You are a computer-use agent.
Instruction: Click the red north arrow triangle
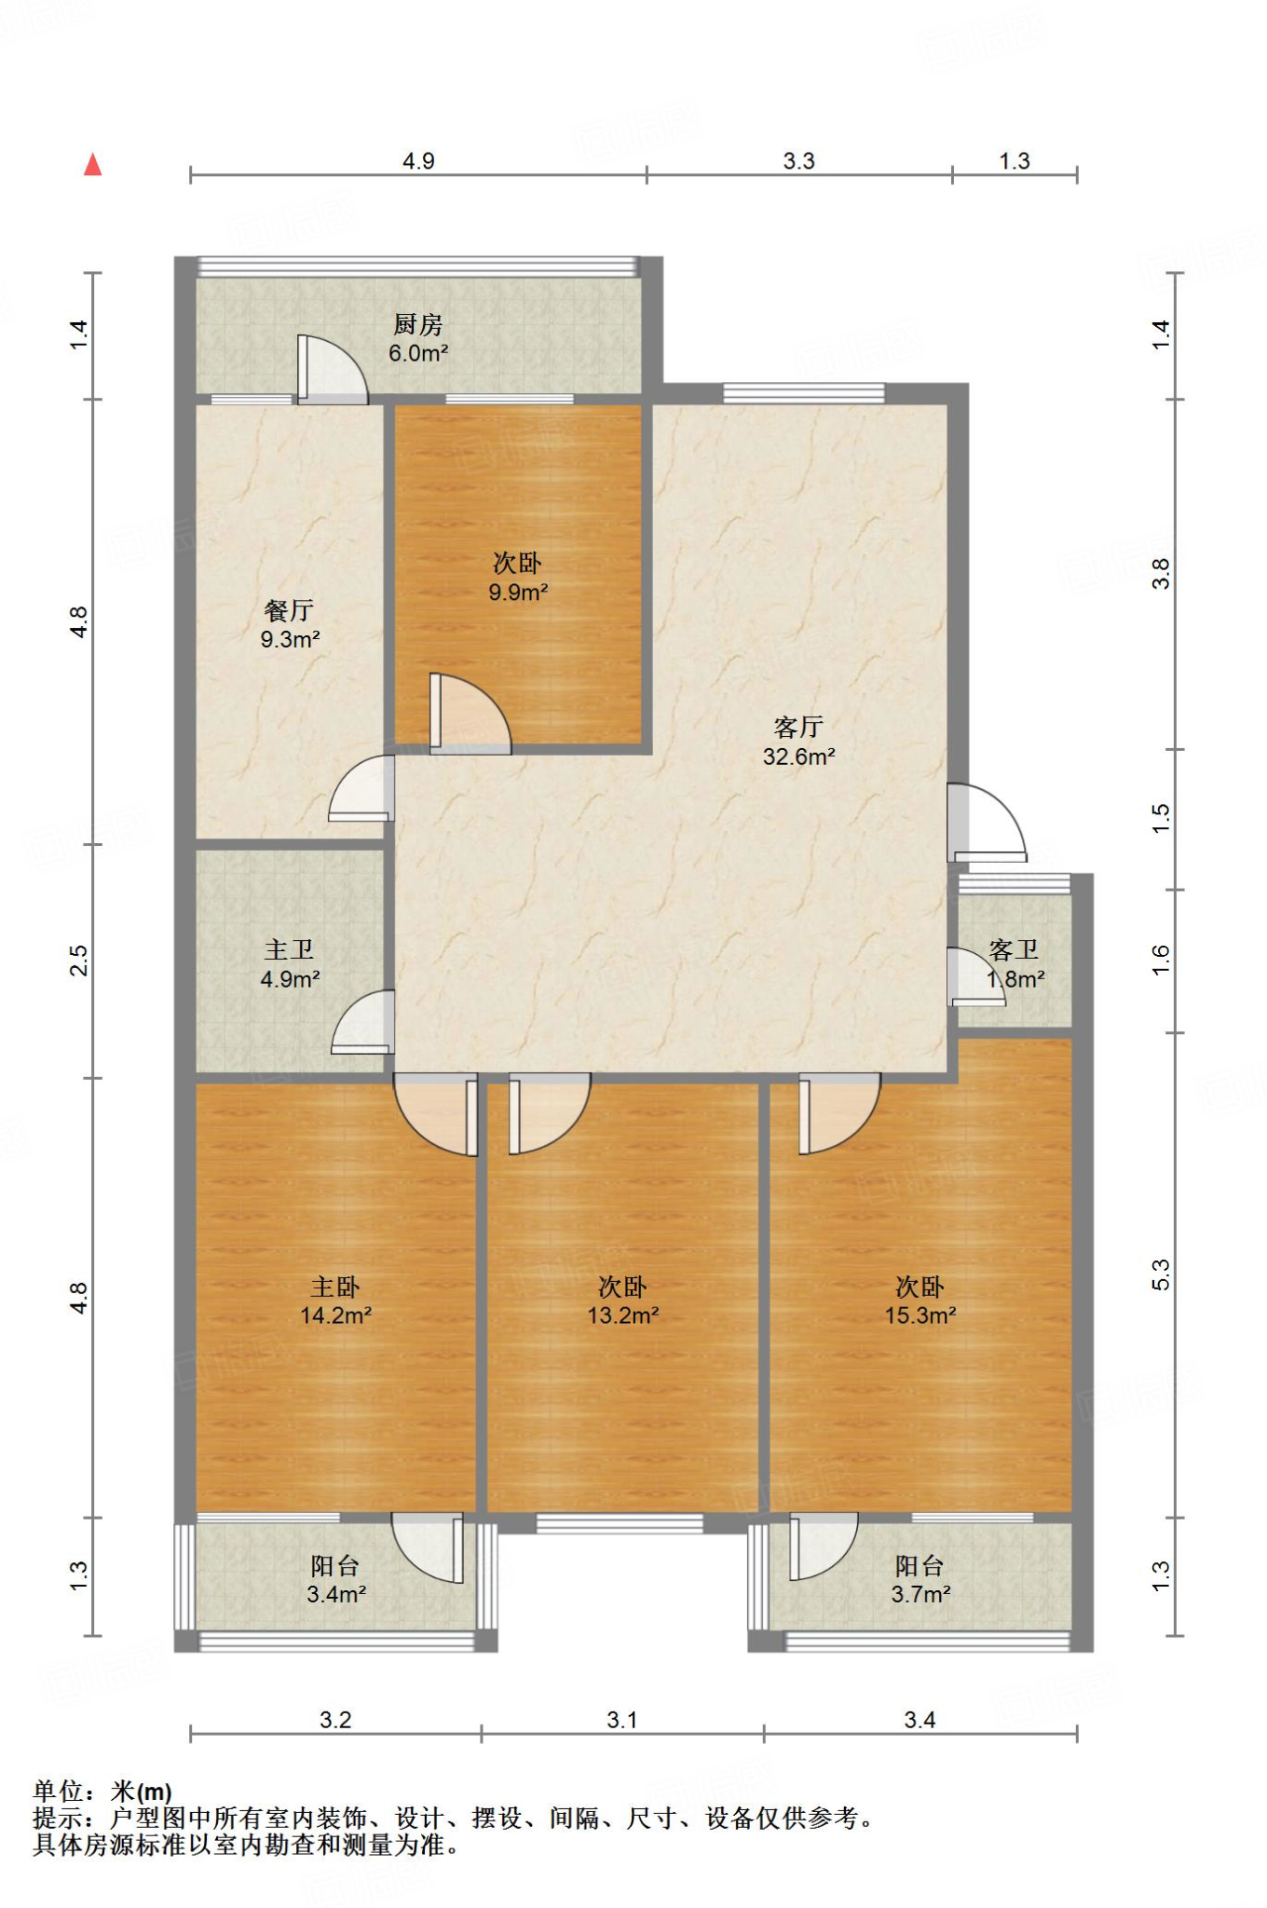[92, 165]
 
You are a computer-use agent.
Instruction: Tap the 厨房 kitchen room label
[418, 324]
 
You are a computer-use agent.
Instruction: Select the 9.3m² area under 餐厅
[290, 640]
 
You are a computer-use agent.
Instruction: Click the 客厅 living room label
[798, 727]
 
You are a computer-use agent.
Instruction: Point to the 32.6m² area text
[798, 756]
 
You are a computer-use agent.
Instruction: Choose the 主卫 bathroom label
[289, 949]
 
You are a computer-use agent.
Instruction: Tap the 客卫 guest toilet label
[1014, 949]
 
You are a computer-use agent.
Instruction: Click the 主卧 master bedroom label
[335, 1287]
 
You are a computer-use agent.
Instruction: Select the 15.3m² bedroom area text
[920, 1315]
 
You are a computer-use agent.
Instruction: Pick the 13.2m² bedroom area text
[623, 1315]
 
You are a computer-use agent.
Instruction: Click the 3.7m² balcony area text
[920, 1594]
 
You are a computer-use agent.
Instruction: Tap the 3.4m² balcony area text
[336, 1594]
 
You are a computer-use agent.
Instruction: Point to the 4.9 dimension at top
[418, 161]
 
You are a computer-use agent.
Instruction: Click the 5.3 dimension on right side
[1161, 1274]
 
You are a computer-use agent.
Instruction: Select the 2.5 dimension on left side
[79, 961]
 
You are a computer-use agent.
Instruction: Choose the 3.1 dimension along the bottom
[622, 1720]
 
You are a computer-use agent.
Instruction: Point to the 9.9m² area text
[518, 593]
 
